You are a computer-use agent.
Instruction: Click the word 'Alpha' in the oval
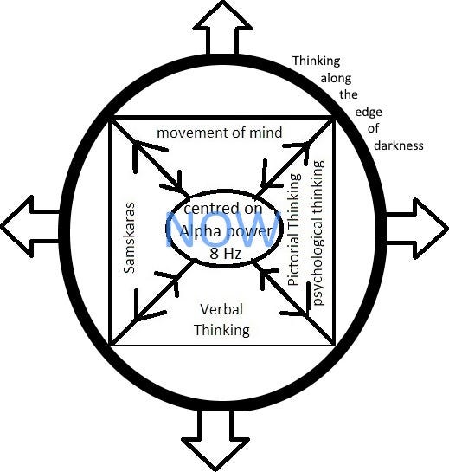202,234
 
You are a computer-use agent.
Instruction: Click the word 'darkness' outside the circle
399,145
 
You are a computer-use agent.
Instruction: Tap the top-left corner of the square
112,117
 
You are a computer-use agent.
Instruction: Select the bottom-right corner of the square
336,344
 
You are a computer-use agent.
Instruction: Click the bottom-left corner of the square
112,344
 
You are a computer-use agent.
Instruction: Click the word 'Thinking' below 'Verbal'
221,329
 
